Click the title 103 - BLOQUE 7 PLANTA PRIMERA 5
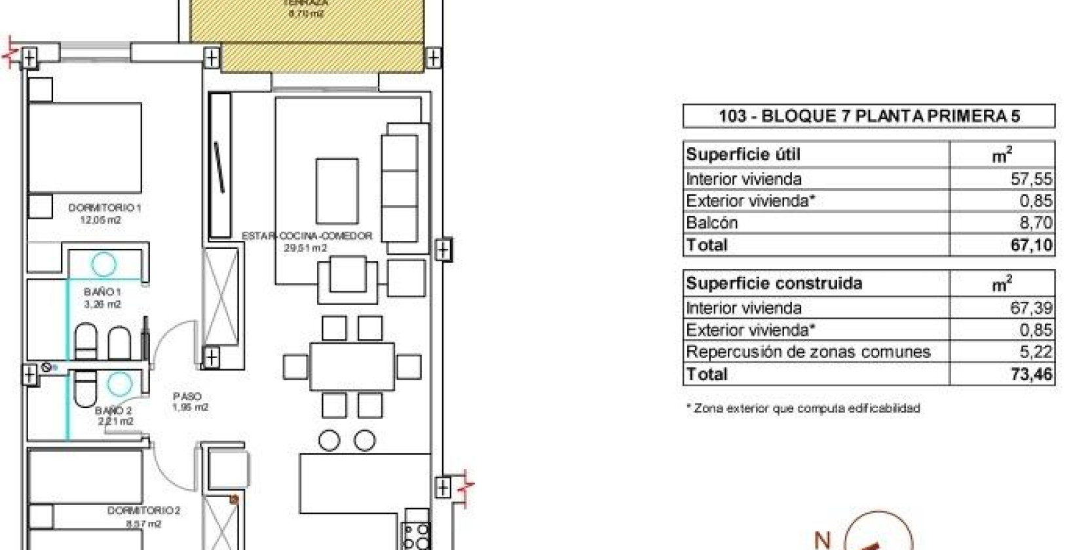[869, 117]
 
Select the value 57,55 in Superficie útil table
[1031, 179]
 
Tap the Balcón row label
[711, 223]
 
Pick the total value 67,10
[1031, 246]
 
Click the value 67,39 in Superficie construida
[1031, 308]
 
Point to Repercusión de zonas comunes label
[808, 352]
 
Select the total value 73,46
[1031, 375]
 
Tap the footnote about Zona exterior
[803, 409]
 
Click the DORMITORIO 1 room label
[105, 208]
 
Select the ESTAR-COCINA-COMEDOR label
[307, 236]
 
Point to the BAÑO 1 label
[103, 292]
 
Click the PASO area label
[187, 396]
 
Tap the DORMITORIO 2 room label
[143, 511]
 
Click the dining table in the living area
[352, 367]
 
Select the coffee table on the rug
[337, 191]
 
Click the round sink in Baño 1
[104, 265]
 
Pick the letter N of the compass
[823, 540]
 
